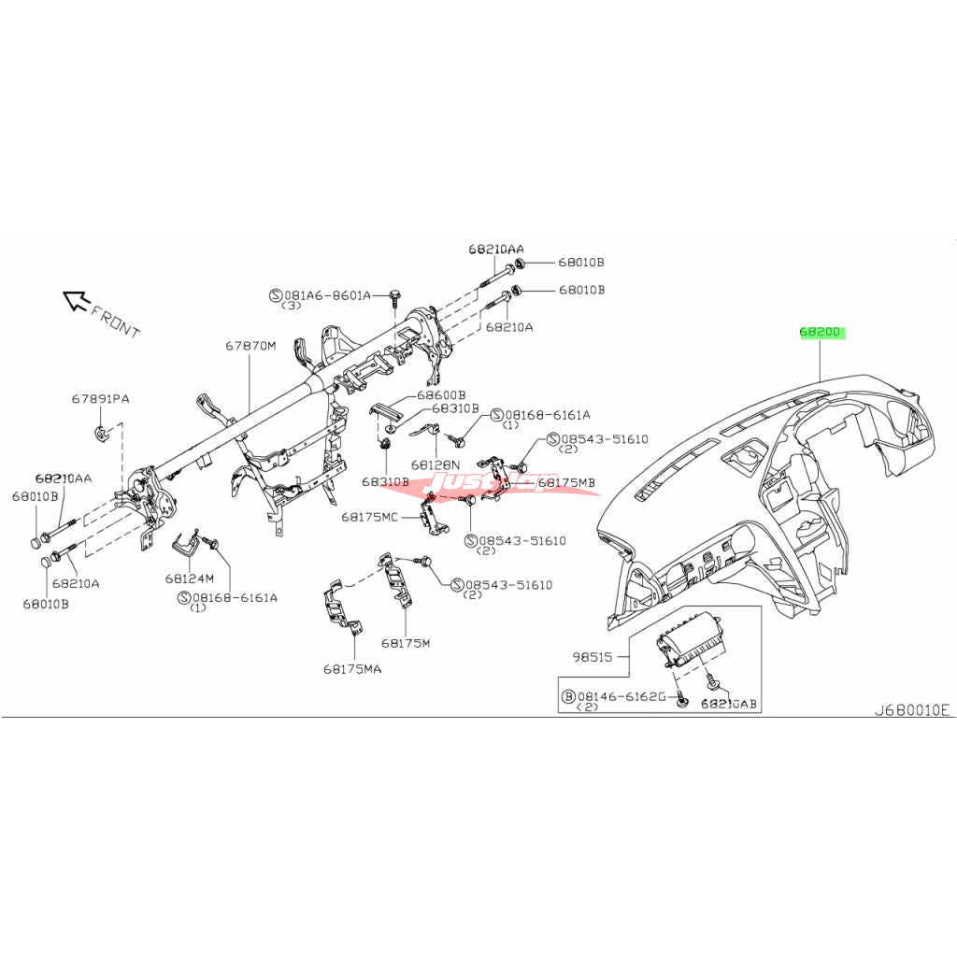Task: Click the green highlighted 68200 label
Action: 821,332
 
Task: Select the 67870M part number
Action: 250,346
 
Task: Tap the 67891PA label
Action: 101,399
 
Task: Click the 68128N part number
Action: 436,464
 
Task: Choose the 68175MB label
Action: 567,482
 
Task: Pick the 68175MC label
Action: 370,516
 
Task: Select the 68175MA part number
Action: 353,669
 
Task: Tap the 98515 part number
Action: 593,657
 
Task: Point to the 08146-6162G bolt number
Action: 621,696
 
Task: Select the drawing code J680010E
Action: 911,710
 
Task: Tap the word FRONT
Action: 116,321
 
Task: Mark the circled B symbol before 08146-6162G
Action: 567,696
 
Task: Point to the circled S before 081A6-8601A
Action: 276,295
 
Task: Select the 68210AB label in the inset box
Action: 728,702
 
